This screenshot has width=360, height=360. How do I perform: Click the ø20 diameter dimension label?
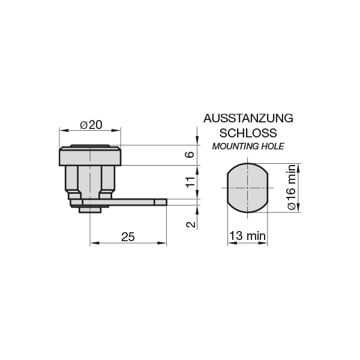tap(91, 125)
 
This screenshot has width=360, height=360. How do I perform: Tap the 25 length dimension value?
tap(128, 237)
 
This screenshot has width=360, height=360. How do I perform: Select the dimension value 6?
tap(190, 155)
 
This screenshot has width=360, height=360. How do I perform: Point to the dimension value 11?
tap(190, 182)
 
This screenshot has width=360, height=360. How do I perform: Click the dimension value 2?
tap(191, 224)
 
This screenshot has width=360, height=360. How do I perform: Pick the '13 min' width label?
tap(247, 236)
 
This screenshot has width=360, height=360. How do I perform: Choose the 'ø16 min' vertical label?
tap(292, 187)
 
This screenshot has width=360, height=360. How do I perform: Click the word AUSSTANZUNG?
tap(248, 118)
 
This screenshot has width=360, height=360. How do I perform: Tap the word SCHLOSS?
tap(248, 133)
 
